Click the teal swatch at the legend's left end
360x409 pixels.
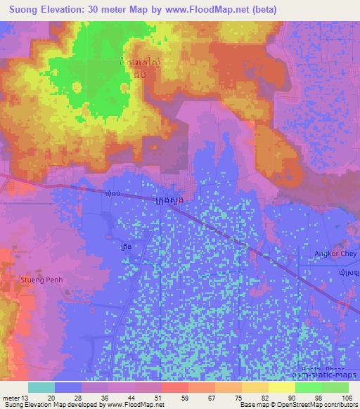(x=41, y=387)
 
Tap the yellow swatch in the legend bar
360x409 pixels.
(x=282, y=387)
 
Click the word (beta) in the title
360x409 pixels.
(x=264, y=9)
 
